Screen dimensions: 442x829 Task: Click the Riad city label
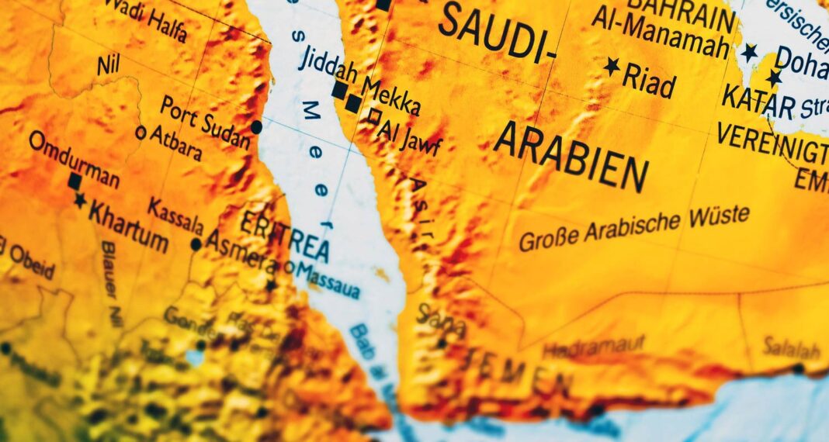click(x=650, y=80)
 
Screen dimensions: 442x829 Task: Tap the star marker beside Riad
click(x=612, y=66)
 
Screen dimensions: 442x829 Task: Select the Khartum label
click(x=128, y=225)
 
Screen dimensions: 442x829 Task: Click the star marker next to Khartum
click(x=80, y=201)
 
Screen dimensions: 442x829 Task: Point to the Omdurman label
click(x=74, y=160)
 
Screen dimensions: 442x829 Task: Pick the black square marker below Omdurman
click(x=75, y=181)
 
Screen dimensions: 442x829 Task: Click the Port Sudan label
click(x=206, y=122)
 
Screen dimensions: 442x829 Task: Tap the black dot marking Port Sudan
click(x=257, y=127)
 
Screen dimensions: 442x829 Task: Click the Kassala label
click(x=175, y=216)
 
